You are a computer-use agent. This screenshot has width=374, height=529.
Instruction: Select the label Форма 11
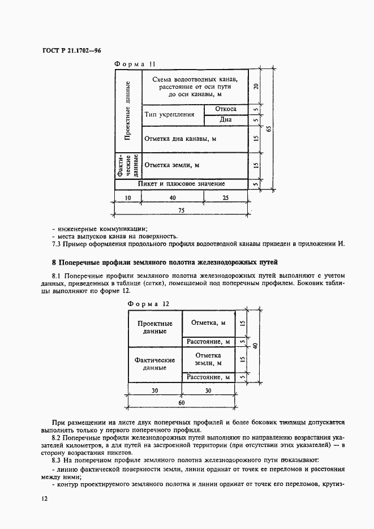point(134,64)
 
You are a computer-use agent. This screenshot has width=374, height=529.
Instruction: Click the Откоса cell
point(226,109)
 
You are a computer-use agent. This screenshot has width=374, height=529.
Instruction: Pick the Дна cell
point(226,120)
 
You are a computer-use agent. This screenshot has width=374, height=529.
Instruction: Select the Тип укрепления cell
point(170,114)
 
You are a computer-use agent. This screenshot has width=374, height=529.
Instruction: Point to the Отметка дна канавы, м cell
point(180,139)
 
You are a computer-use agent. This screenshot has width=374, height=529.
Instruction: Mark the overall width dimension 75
point(182,209)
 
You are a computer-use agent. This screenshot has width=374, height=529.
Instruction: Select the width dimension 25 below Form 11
point(226,197)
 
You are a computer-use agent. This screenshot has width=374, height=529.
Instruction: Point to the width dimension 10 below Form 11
point(128,197)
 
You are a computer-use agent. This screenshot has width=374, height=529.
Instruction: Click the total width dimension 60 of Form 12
point(182,402)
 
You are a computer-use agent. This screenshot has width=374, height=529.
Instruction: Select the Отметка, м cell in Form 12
point(208,323)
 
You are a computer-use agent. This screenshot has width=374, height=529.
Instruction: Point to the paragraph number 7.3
point(57,244)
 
